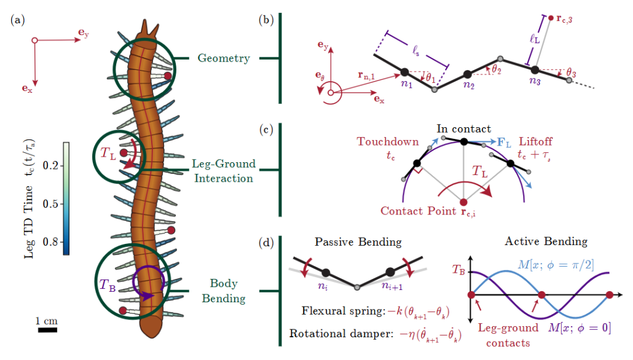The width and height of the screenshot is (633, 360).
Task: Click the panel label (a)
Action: pos(18,20)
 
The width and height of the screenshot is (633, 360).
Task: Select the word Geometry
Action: pos(224,58)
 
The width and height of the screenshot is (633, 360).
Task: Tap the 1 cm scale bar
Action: pos(48,330)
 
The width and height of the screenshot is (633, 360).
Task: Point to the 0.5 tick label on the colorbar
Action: pos(50,204)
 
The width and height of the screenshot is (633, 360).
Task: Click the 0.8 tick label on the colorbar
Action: pos(50,242)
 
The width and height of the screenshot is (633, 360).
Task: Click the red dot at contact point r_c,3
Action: pos(551,18)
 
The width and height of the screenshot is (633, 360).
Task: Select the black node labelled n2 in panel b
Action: pos(468,74)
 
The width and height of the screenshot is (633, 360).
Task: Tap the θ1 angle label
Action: pos(431,78)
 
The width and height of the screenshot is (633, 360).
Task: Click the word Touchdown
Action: pos(388,142)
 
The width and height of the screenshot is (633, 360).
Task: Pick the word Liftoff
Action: pos(535,142)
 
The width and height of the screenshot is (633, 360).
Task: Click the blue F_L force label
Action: pos(504,143)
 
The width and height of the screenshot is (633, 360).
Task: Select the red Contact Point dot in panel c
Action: pos(463,202)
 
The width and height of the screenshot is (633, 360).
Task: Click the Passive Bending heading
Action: pos(358,242)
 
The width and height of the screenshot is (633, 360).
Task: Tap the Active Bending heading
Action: pos(546,241)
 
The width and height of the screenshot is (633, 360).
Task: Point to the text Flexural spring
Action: pos(343,311)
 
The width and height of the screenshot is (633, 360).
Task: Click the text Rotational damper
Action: pos(341,334)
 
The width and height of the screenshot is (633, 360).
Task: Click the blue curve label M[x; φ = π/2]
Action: pos(556,265)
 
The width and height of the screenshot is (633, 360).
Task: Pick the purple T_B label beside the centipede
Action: pos(108,284)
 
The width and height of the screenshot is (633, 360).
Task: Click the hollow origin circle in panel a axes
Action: pos(34,41)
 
